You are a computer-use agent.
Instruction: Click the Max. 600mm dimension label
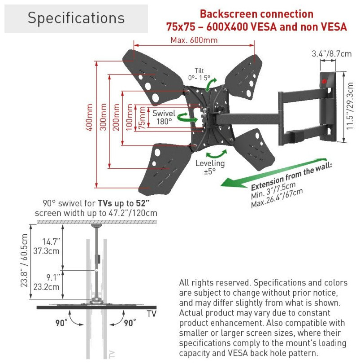194,40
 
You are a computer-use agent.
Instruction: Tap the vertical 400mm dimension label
90,118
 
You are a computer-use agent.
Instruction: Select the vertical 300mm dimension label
104,118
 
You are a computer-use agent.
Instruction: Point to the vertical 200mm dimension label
116,118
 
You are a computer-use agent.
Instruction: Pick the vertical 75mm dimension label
142,118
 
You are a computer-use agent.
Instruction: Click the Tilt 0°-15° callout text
199,75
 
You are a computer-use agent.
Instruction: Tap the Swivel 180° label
164,118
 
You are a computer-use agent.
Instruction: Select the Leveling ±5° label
210,167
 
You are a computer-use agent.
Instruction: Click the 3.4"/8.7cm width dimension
332,54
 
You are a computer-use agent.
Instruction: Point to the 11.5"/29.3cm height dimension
350,108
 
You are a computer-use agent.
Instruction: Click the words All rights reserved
214,283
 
